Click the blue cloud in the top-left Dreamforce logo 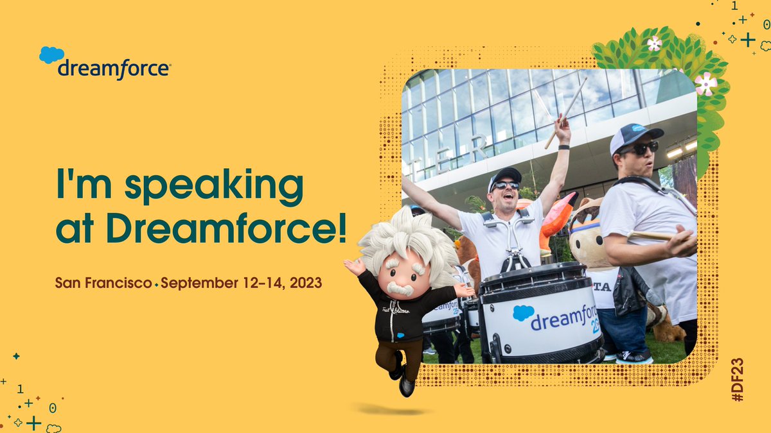[x=51, y=55]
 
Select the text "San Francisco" [x=103, y=283]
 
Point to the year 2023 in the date [x=307, y=283]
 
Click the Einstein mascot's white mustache [x=400, y=289]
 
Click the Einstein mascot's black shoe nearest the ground [x=406, y=386]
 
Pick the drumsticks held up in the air [x=566, y=109]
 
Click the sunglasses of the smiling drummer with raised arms [x=506, y=186]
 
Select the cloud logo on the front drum [x=524, y=312]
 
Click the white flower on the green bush [x=654, y=44]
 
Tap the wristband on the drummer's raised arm [x=563, y=147]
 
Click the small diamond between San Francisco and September [x=156, y=284]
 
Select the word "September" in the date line [x=191, y=283]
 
